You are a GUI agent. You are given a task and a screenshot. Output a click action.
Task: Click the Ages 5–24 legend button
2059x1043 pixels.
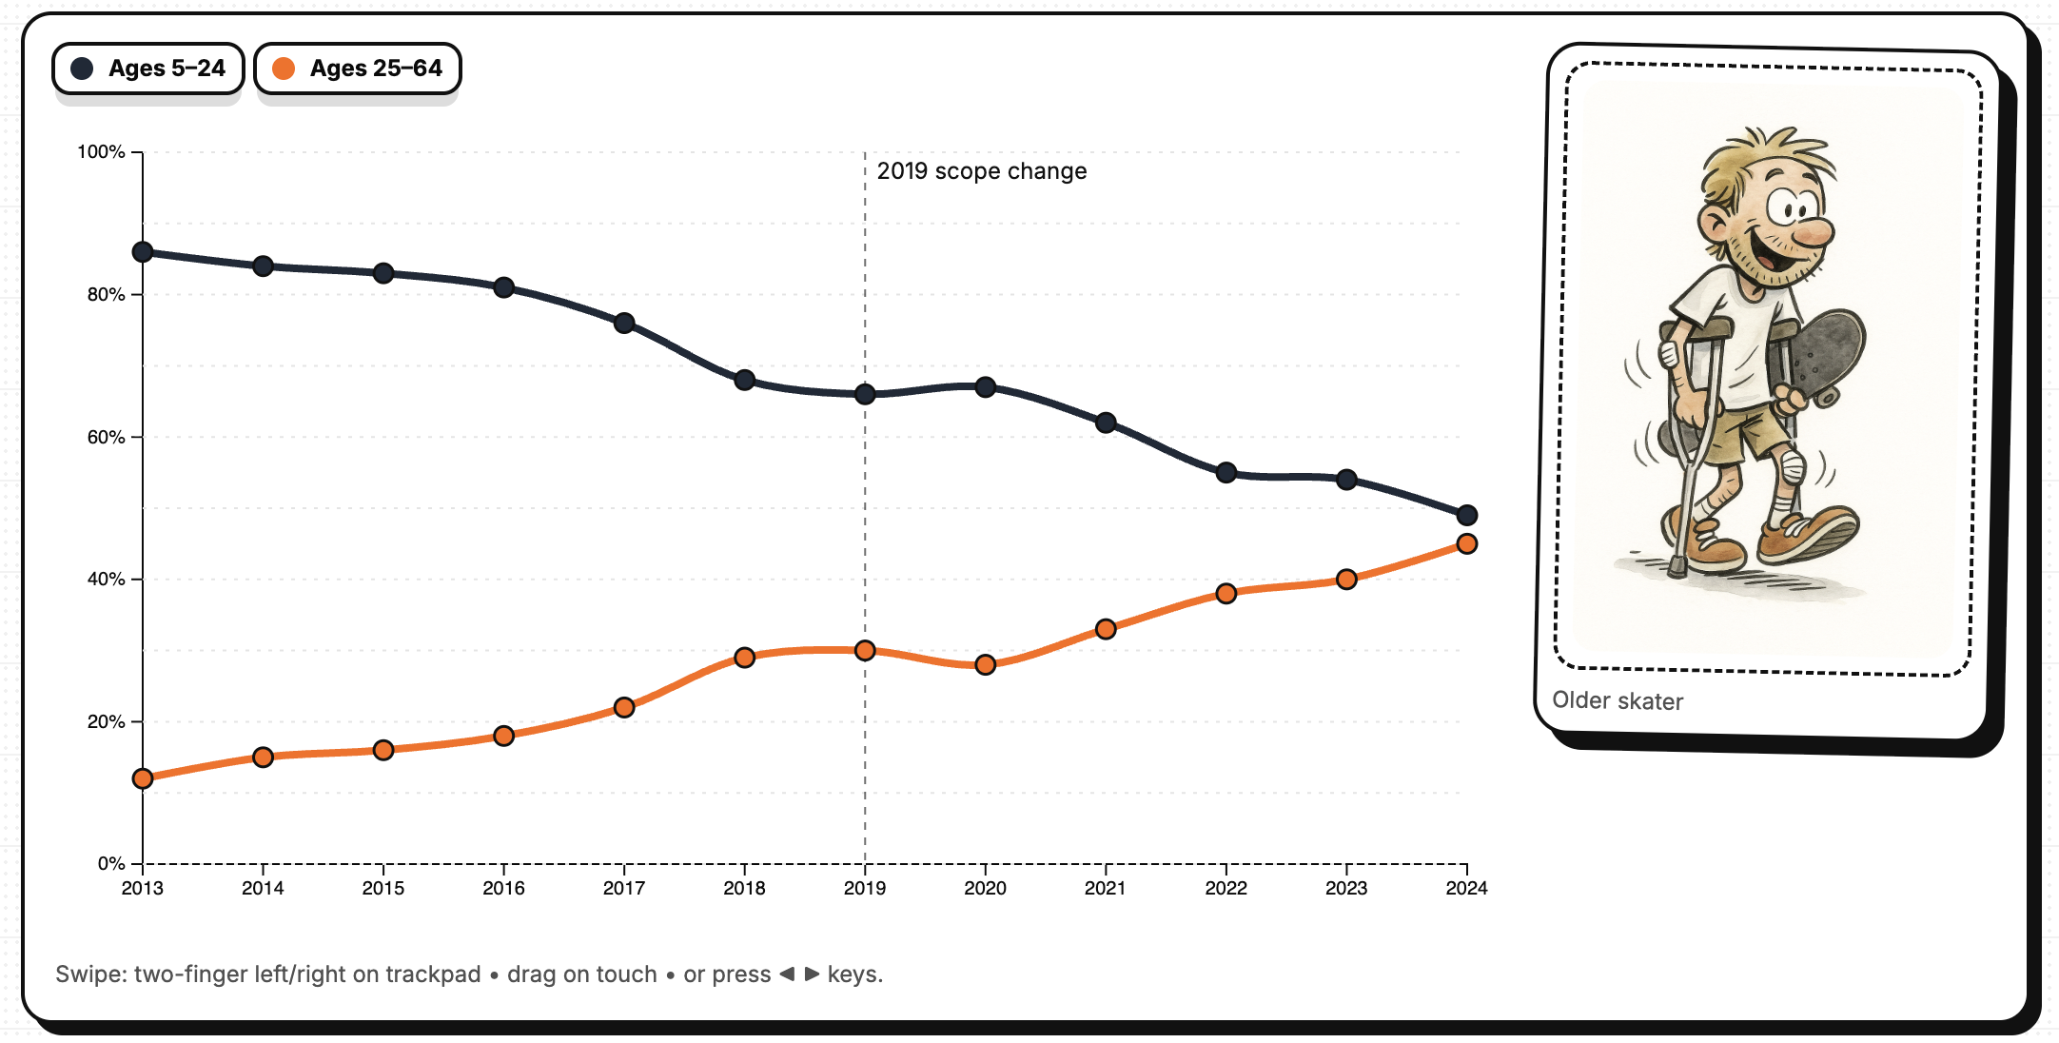pos(148,69)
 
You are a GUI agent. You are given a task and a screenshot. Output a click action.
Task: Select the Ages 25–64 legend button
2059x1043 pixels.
pos(358,69)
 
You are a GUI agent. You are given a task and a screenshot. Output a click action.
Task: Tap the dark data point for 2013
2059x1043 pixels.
pos(143,252)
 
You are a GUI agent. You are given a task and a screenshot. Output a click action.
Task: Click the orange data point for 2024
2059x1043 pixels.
pos(1466,544)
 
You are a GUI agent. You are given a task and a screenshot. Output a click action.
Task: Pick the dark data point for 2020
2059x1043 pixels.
pos(986,387)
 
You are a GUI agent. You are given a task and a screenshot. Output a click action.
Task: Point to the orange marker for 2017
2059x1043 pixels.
pos(624,708)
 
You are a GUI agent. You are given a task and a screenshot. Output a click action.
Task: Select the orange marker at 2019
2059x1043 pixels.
pos(865,651)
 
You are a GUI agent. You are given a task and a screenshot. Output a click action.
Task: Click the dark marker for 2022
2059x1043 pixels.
pos(1226,473)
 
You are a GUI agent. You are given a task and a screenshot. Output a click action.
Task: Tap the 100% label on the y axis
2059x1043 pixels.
pos(101,152)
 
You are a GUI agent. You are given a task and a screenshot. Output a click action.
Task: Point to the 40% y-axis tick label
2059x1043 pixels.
pos(106,580)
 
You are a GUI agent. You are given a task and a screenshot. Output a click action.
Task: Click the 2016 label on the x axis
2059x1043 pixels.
pos(503,889)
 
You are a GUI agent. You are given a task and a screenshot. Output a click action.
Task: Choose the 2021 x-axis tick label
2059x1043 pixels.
pos(1105,889)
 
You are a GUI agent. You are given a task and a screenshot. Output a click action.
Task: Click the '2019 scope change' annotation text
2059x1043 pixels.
pos(981,171)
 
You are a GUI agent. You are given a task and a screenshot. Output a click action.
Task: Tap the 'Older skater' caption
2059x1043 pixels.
pos(1618,701)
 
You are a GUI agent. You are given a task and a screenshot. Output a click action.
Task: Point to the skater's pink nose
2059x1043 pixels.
pos(1814,232)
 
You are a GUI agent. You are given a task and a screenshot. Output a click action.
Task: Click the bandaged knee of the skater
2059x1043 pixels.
pos(1793,467)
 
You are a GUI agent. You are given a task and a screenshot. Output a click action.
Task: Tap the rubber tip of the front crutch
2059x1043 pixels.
pos(1677,568)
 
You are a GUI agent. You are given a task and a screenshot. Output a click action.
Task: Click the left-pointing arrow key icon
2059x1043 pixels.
pos(787,974)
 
